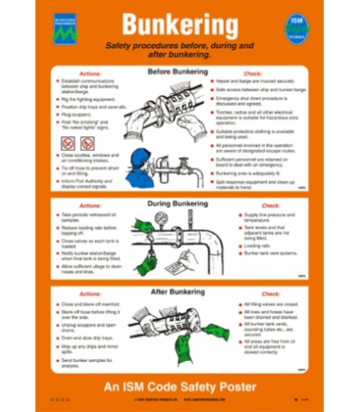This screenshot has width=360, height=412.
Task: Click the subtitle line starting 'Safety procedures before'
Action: tap(180, 50)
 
